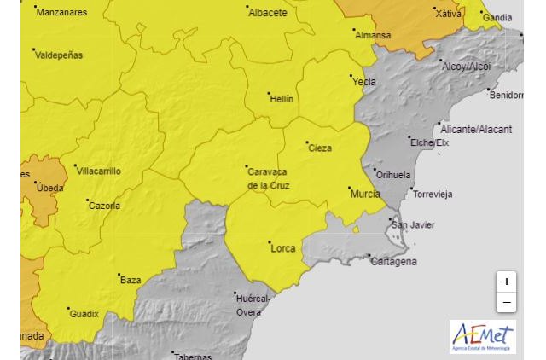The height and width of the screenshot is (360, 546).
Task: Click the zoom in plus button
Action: tap(507, 282)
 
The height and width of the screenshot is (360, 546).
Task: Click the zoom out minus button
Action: tap(507, 303)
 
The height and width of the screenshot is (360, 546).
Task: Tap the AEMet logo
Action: tap(483, 336)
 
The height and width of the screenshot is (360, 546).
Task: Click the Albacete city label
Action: tap(267, 13)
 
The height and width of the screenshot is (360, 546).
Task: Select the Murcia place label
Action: tap(365, 194)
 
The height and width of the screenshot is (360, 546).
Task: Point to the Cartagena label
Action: tap(393, 261)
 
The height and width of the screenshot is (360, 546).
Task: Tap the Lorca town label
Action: tap(282, 248)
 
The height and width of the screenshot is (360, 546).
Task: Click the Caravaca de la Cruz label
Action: tap(268, 178)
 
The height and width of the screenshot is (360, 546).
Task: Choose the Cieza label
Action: tap(319, 148)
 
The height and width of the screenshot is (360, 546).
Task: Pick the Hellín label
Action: tap(282, 99)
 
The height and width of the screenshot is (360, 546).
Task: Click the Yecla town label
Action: tap(364, 82)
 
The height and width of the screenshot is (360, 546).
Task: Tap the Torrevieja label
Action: tap(433, 194)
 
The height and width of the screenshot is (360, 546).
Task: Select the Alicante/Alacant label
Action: tap(476, 130)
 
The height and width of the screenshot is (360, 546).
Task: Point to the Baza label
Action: tap(131, 280)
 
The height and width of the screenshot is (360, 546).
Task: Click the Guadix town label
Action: tap(84, 314)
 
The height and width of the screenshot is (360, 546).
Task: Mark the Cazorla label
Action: tap(104, 206)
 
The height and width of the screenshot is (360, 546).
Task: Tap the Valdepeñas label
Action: tap(60, 55)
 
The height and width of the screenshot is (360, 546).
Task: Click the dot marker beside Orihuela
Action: tap(374, 168)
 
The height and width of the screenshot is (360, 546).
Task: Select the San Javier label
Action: tap(413, 225)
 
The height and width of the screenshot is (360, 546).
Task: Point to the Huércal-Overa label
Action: tap(253, 305)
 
